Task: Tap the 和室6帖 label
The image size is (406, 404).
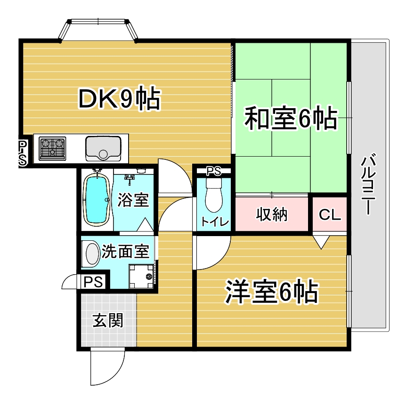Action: (291, 118)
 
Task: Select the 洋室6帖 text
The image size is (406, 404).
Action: (272, 291)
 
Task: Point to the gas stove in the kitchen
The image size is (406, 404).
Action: (52, 148)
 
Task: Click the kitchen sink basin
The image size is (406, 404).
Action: (103, 148)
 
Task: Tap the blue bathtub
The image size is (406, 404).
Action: (97, 199)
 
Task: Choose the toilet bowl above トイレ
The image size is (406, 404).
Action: (214, 195)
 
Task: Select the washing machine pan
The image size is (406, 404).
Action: (141, 277)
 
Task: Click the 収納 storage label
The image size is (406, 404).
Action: (272, 214)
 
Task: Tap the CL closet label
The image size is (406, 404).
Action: (330, 214)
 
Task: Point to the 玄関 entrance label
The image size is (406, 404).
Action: (108, 320)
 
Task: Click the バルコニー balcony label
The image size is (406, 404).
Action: (368, 184)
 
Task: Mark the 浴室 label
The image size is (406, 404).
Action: (133, 199)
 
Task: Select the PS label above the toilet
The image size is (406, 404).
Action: (214, 171)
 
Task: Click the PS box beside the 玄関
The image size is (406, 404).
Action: (93, 281)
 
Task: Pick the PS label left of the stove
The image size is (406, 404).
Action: (23, 152)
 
